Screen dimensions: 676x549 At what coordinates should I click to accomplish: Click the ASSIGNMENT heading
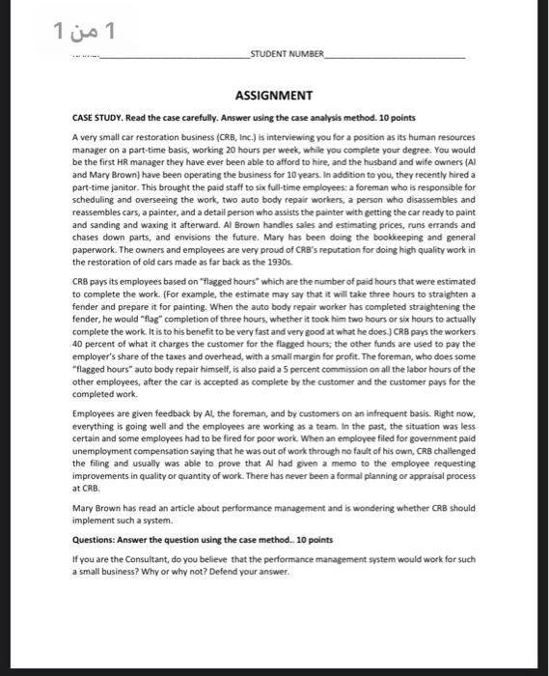274,95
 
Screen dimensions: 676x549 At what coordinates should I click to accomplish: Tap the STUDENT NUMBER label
287,55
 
